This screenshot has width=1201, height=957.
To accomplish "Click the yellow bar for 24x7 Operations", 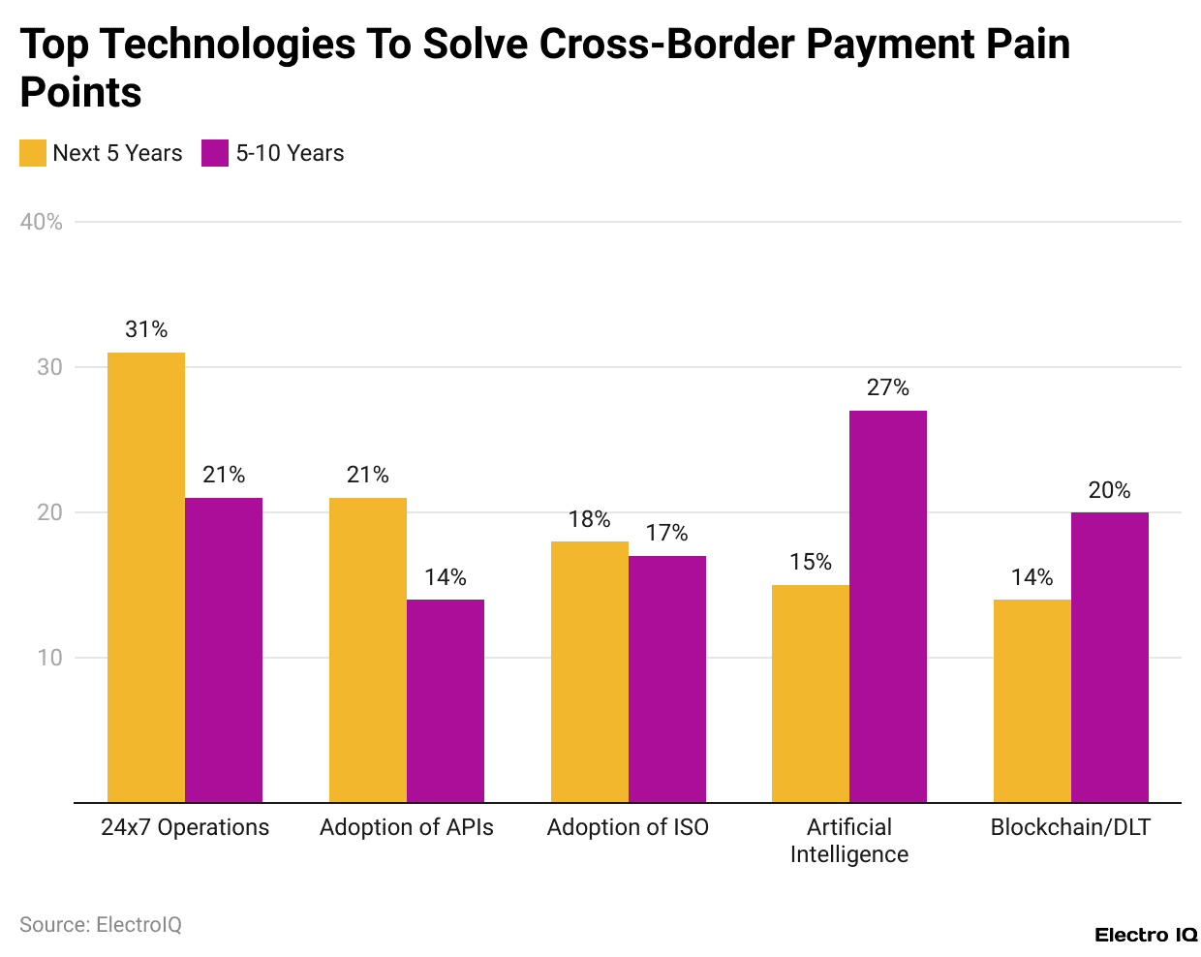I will tap(146, 577).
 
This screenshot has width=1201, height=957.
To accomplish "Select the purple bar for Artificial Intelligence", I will tap(887, 606).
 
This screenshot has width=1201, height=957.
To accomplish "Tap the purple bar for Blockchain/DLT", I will tap(1109, 657).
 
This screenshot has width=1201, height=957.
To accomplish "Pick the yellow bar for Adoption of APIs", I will tap(368, 650).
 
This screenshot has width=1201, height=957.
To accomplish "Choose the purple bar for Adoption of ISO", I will tap(666, 679).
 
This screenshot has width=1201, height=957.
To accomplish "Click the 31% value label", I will tap(146, 329).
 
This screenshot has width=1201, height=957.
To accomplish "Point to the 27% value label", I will tap(887, 387).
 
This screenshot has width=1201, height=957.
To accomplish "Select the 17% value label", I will tap(666, 533).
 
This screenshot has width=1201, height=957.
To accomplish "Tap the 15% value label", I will tap(811, 562).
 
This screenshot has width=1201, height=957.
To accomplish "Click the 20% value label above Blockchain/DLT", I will tap(1109, 490).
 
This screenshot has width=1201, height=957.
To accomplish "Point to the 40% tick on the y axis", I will tap(41, 222).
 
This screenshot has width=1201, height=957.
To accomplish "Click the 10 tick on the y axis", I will tap(49, 658).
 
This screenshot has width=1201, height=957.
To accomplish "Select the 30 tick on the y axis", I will tap(49, 367).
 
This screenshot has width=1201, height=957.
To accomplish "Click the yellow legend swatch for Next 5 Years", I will tap(33, 153).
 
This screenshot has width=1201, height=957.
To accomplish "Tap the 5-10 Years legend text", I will tap(290, 153).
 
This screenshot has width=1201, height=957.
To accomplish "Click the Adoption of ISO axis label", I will tap(628, 827).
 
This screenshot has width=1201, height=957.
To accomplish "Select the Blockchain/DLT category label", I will tap(1070, 827).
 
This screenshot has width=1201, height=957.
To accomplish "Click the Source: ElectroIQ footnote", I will tap(101, 924).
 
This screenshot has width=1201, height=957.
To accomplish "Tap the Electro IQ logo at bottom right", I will tap(1146, 935).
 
